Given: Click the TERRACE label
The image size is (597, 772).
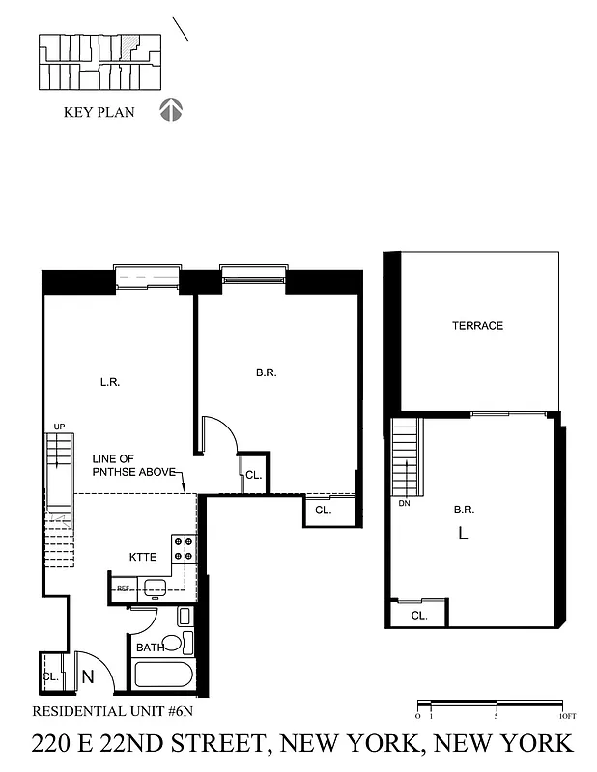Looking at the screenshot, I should (x=477, y=326).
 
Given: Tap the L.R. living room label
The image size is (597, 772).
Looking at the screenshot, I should (x=109, y=380).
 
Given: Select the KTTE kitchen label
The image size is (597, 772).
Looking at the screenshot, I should (x=143, y=557).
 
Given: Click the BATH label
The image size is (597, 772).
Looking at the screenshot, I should (x=150, y=648).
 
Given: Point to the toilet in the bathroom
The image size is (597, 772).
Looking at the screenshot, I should (x=172, y=644).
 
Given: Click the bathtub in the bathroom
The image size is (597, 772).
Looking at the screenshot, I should (x=164, y=674).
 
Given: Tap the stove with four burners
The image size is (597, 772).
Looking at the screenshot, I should (x=184, y=549).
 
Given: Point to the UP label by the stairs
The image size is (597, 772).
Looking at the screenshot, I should (x=59, y=427).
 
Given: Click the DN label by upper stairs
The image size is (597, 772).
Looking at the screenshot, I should (x=405, y=503).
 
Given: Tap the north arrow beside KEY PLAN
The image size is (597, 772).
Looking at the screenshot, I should (x=170, y=110).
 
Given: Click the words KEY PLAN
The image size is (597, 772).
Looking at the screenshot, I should (x=99, y=112).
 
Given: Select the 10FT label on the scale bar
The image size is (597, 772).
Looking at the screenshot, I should (x=568, y=717).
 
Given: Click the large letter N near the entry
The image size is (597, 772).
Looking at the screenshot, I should (x=87, y=676).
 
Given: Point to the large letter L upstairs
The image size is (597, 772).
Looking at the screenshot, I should (x=463, y=532).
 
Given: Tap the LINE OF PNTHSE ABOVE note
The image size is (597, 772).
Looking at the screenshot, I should (x=133, y=465).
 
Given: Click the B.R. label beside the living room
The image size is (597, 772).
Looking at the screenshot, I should (x=267, y=372).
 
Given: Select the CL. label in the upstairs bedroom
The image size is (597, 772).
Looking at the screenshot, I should (x=419, y=615).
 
